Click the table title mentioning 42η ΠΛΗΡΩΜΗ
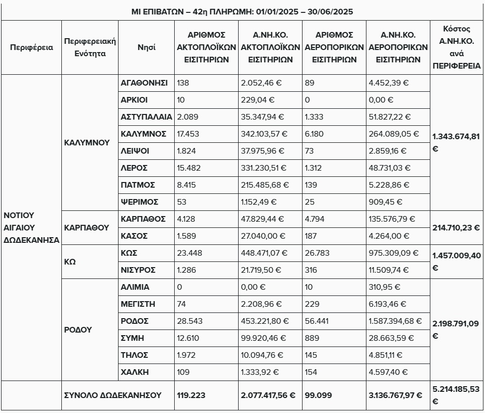(242, 11)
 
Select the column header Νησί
(146, 47)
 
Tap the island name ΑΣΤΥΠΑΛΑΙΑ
(146, 117)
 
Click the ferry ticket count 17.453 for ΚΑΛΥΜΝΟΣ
(188, 134)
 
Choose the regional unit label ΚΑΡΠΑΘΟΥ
(87, 227)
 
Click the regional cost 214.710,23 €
(456, 227)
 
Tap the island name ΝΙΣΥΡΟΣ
(138, 270)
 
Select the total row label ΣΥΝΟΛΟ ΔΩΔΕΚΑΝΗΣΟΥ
(112, 395)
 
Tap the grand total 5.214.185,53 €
(456, 395)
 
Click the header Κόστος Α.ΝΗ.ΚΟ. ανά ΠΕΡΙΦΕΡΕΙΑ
(456, 47)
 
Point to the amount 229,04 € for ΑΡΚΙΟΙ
(258, 100)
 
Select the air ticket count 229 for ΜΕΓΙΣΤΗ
(312, 304)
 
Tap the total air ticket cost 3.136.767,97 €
(395, 395)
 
